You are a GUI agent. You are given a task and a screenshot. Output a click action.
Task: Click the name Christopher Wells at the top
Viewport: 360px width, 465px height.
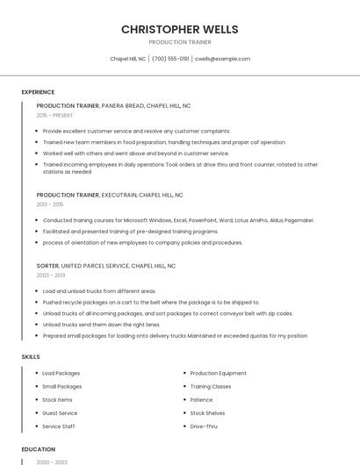pos(180,29)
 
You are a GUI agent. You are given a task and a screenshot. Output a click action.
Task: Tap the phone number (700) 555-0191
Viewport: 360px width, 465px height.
pos(170,59)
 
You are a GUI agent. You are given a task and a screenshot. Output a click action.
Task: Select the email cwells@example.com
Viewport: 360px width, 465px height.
pos(222,59)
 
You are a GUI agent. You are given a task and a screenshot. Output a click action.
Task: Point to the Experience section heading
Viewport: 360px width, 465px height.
pos(38,92)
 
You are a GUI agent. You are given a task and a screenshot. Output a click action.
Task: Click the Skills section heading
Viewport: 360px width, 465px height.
pos(30,357)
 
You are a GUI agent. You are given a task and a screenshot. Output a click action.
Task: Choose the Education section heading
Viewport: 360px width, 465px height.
pos(38,449)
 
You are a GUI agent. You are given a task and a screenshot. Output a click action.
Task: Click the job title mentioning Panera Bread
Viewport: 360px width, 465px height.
pos(113,105)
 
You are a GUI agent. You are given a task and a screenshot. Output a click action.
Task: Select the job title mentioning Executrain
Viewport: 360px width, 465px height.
pos(110,195)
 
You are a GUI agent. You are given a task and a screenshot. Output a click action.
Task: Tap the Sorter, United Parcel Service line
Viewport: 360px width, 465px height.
pos(105,265)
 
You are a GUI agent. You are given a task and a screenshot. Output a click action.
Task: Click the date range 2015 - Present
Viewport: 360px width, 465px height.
pos(54,115)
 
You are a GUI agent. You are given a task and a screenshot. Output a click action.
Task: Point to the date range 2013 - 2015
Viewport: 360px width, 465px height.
pos(50,204)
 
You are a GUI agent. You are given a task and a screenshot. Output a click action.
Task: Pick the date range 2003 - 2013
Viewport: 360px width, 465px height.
pos(51,275)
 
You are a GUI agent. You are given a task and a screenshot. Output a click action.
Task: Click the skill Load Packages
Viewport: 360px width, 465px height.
pos(61,373)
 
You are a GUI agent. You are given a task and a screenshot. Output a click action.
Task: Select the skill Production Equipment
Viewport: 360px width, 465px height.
pos(218,373)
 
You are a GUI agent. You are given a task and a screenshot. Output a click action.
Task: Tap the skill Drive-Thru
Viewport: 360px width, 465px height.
pos(204,426)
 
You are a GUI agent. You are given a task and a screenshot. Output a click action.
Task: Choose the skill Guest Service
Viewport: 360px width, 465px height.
pos(60,413)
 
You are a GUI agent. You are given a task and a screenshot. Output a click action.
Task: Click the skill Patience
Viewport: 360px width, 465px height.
pos(202,400)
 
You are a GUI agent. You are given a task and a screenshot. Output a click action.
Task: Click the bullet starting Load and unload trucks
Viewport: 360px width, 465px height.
pos(99,290)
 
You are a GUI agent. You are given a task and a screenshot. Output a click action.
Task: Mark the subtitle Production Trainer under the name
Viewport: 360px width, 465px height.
pos(180,42)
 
